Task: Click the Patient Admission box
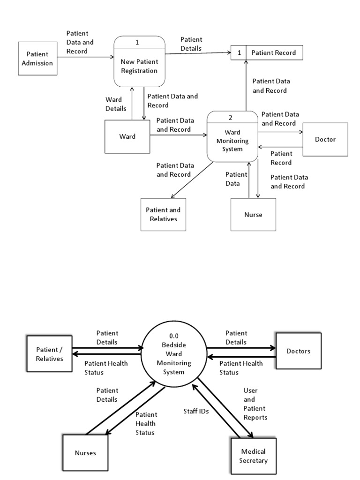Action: click(x=37, y=59)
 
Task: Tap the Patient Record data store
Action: click(x=274, y=52)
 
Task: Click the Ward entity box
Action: click(x=127, y=136)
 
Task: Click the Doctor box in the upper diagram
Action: click(x=325, y=139)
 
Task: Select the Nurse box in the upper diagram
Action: click(x=253, y=215)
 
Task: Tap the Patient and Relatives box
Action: click(x=163, y=214)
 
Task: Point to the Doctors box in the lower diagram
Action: click(x=299, y=351)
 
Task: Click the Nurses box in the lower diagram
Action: click(x=85, y=453)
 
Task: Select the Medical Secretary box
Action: click(x=253, y=456)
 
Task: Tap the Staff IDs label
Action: click(x=195, y=411)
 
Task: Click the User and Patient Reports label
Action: click(x=255, y=404)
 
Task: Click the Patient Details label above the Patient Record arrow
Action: click(x=191, y=44)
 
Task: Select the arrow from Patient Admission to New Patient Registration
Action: click(x=86, y=58)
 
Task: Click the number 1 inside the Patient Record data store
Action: click(x=239, y=52)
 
